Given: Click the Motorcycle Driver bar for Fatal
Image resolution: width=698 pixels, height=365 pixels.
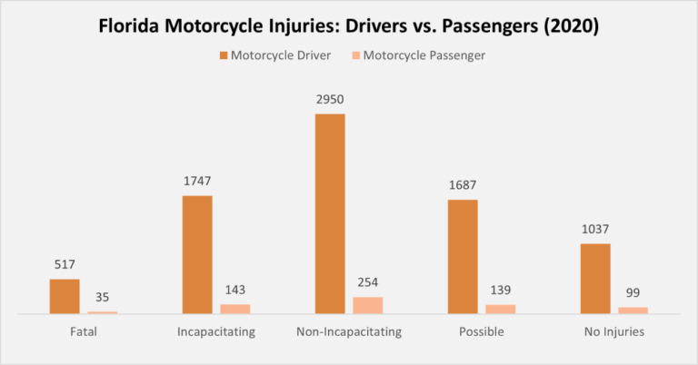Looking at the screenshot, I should tap(65, 296).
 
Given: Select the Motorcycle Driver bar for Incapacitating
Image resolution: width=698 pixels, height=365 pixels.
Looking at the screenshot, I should tap(197, 254).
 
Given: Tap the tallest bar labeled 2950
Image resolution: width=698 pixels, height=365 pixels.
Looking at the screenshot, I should tap(330, 213).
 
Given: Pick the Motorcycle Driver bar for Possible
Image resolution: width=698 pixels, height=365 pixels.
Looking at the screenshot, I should tap(463, 256).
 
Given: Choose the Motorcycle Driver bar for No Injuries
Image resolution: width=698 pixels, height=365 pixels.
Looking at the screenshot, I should tap(595, 279).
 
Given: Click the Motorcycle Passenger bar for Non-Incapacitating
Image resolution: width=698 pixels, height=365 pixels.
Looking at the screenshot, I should tap(368, 305).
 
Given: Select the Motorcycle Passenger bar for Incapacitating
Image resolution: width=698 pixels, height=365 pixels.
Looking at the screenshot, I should tap(235, 309).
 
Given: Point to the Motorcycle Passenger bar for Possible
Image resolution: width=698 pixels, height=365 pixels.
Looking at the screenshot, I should tap(501, 309).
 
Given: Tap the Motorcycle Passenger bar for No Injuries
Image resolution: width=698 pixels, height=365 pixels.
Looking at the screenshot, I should tap(633, 311).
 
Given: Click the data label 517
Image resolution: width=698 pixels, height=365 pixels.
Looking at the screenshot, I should tap(65, 266).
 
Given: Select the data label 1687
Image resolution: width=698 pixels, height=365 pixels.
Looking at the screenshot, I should tap(463, 186).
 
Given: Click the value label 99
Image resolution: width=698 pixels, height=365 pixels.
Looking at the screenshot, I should tap(633, 293).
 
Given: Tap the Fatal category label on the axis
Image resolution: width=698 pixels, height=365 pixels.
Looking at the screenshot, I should tap(83, 332).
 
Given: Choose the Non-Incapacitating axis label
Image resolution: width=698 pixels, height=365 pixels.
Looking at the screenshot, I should tap(349, 332).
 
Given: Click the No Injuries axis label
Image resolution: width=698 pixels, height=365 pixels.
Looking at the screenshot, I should tap(614, 332).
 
